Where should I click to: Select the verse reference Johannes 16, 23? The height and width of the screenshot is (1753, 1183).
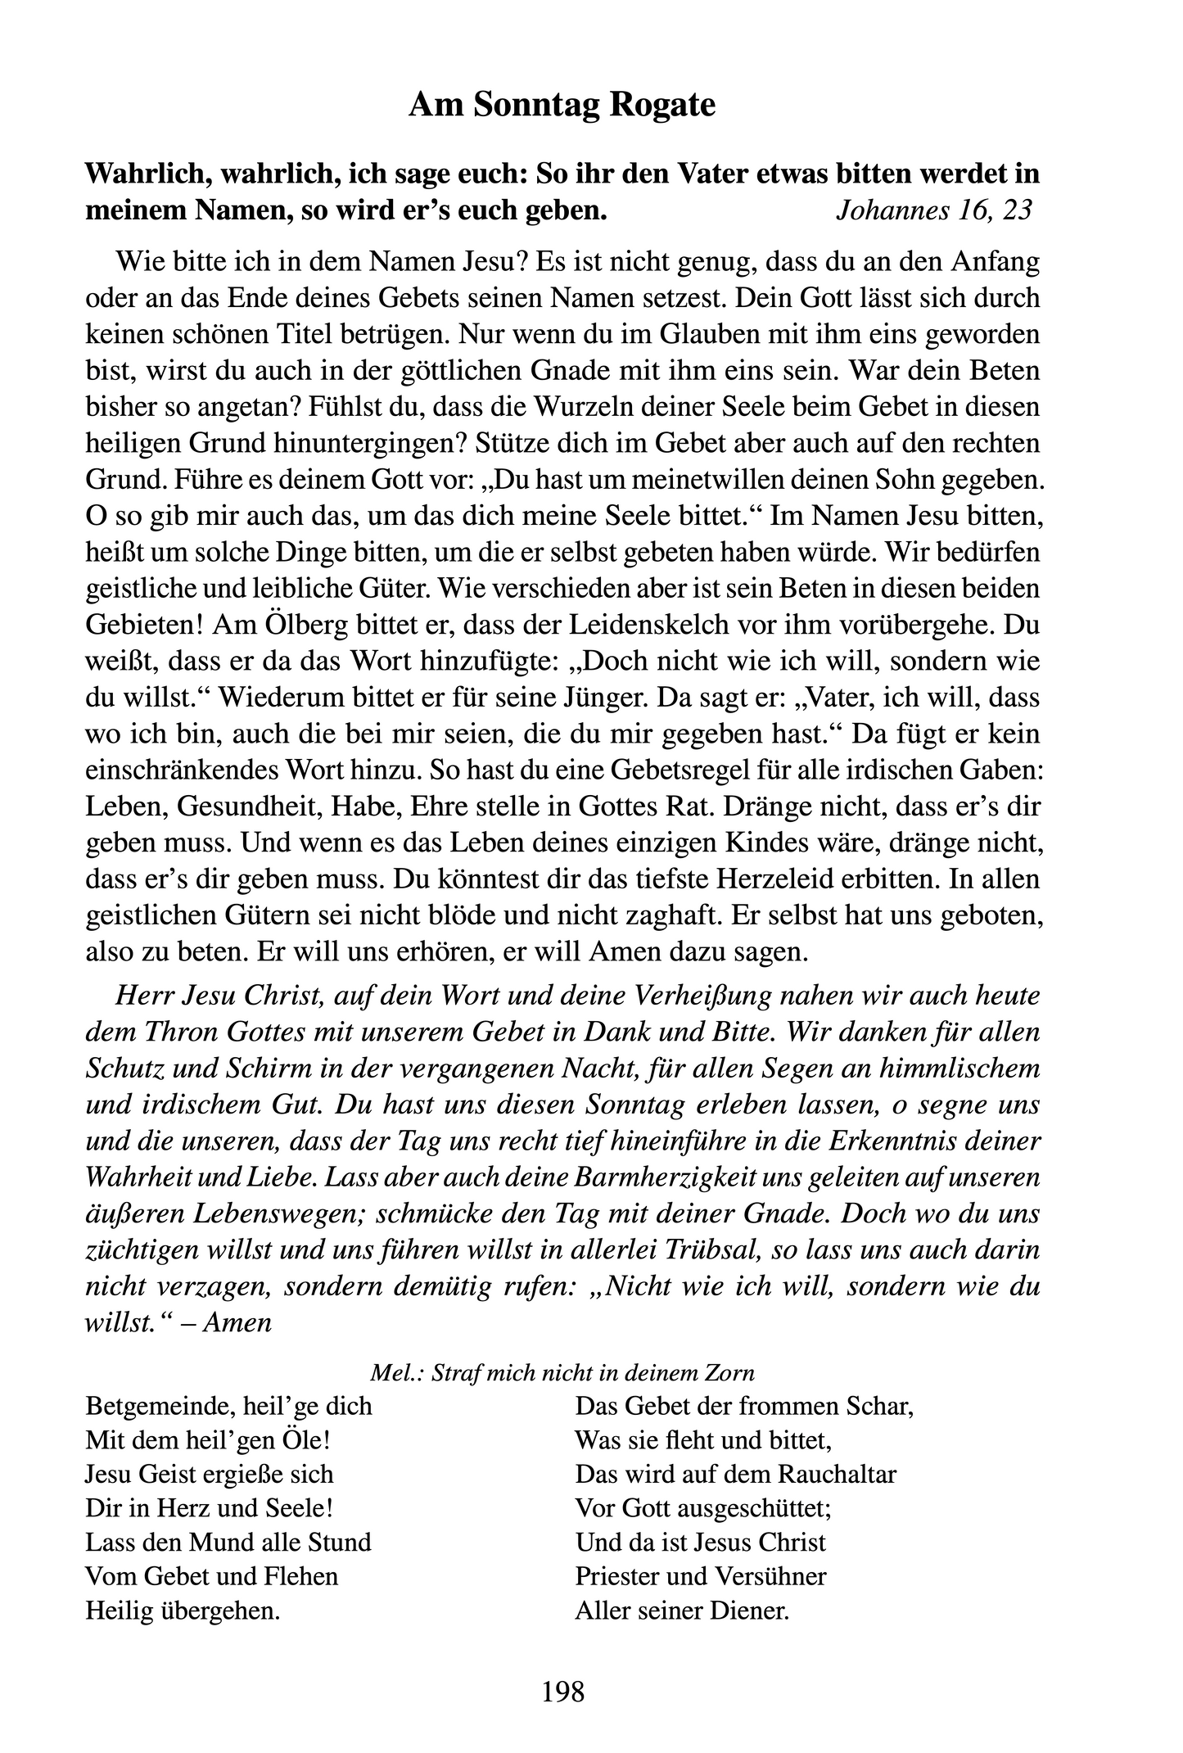(x=932, y=210)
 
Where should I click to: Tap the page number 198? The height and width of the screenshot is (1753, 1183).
(x=563, y=1690)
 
